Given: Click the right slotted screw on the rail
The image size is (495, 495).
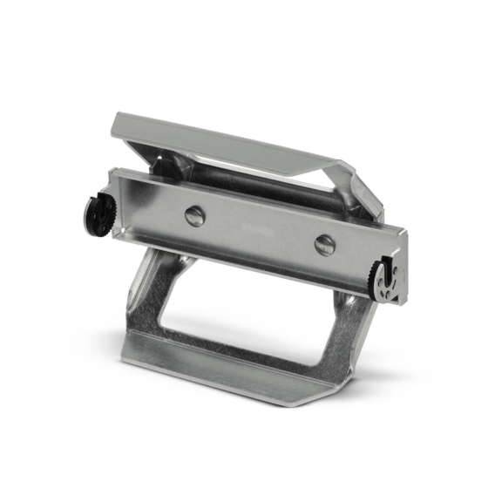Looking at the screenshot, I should click(324, 245).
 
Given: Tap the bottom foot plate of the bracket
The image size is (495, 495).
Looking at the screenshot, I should click(235, 370).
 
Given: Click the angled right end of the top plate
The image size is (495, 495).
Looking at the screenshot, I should click(362, 187).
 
